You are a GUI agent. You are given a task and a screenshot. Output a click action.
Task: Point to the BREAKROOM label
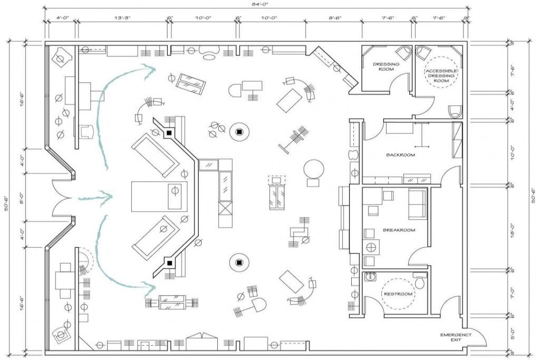399,230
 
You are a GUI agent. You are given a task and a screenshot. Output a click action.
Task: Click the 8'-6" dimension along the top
334,18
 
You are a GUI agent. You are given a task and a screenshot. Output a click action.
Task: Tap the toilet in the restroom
420,282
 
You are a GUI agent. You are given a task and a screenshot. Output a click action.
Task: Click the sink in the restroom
371,276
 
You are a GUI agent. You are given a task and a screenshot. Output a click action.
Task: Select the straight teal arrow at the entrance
97,198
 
